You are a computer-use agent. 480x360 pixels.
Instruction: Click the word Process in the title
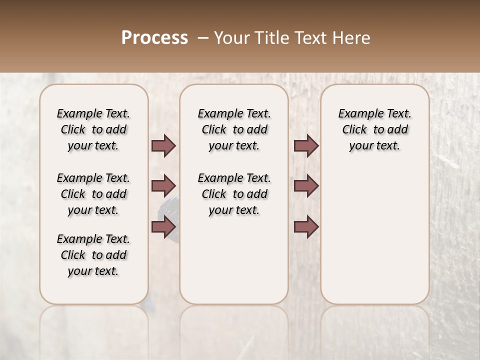(154, 38)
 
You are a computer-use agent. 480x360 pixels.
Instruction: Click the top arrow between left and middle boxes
(163, 145)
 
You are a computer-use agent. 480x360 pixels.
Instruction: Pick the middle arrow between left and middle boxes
(163, 186)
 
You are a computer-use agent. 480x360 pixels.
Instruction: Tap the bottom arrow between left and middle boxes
(163, 227)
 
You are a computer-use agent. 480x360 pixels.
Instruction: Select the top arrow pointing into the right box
(306, 145)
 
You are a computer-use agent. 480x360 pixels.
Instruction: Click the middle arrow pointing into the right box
(306, 186)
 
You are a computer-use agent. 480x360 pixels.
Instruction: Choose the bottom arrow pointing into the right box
(306, 227)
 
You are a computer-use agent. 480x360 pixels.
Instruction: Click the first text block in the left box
(93, 129)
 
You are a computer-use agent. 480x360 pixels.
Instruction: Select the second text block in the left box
(93, 194)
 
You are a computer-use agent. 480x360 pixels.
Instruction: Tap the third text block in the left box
(93, 255)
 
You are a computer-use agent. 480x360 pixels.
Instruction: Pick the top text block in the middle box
(234, 129)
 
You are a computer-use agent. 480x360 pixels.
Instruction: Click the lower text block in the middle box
(234, 194)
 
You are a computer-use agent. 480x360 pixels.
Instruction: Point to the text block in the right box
(374, 129)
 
